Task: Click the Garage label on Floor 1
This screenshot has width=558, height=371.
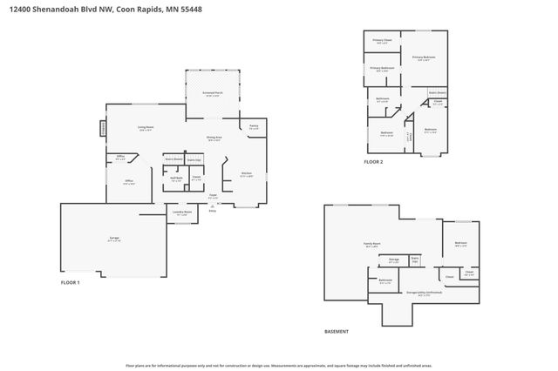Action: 114,237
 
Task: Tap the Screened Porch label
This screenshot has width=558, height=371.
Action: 212,94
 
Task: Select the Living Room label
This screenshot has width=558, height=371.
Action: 146,128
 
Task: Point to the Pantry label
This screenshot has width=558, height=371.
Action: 254,127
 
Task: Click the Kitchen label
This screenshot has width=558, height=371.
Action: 247,173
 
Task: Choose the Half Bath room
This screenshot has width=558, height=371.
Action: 175,179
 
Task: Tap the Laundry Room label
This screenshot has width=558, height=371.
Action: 181,212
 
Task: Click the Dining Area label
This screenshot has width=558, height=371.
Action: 214,138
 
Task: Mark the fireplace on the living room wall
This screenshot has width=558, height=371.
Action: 103,128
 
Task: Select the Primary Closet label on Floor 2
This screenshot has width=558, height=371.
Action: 383,40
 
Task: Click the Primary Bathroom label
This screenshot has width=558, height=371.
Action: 382,68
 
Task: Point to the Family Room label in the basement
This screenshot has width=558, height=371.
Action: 374,244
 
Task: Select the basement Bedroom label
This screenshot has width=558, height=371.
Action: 460,243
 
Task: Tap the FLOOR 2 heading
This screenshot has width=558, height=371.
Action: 373,162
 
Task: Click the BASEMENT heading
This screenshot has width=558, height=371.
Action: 336,332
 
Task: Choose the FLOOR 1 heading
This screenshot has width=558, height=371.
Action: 70,283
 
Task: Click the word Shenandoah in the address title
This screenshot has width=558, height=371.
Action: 53,7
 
